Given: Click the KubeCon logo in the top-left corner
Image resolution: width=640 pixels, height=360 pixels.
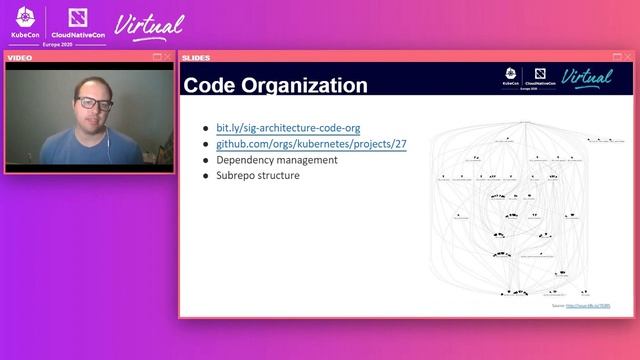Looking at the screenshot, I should tap(25, 21).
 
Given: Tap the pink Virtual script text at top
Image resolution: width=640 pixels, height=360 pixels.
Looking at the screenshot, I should tap(150, 24).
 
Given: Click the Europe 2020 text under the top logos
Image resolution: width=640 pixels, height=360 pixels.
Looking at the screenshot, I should tap(56, 45).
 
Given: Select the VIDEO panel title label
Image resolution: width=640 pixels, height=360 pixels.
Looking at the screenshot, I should tap(20, 57).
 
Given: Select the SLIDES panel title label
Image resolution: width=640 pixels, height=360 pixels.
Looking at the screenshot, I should tap(196, 57).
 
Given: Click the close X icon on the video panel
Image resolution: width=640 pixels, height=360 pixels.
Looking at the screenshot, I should tap(167, 57).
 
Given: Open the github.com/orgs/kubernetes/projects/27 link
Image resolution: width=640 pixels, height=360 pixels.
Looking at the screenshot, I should tap(311, 144).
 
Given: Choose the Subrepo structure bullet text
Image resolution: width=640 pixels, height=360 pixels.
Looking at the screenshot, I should tap(257, 175).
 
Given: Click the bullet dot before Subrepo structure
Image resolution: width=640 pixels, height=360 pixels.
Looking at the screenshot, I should tap(206, 176).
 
